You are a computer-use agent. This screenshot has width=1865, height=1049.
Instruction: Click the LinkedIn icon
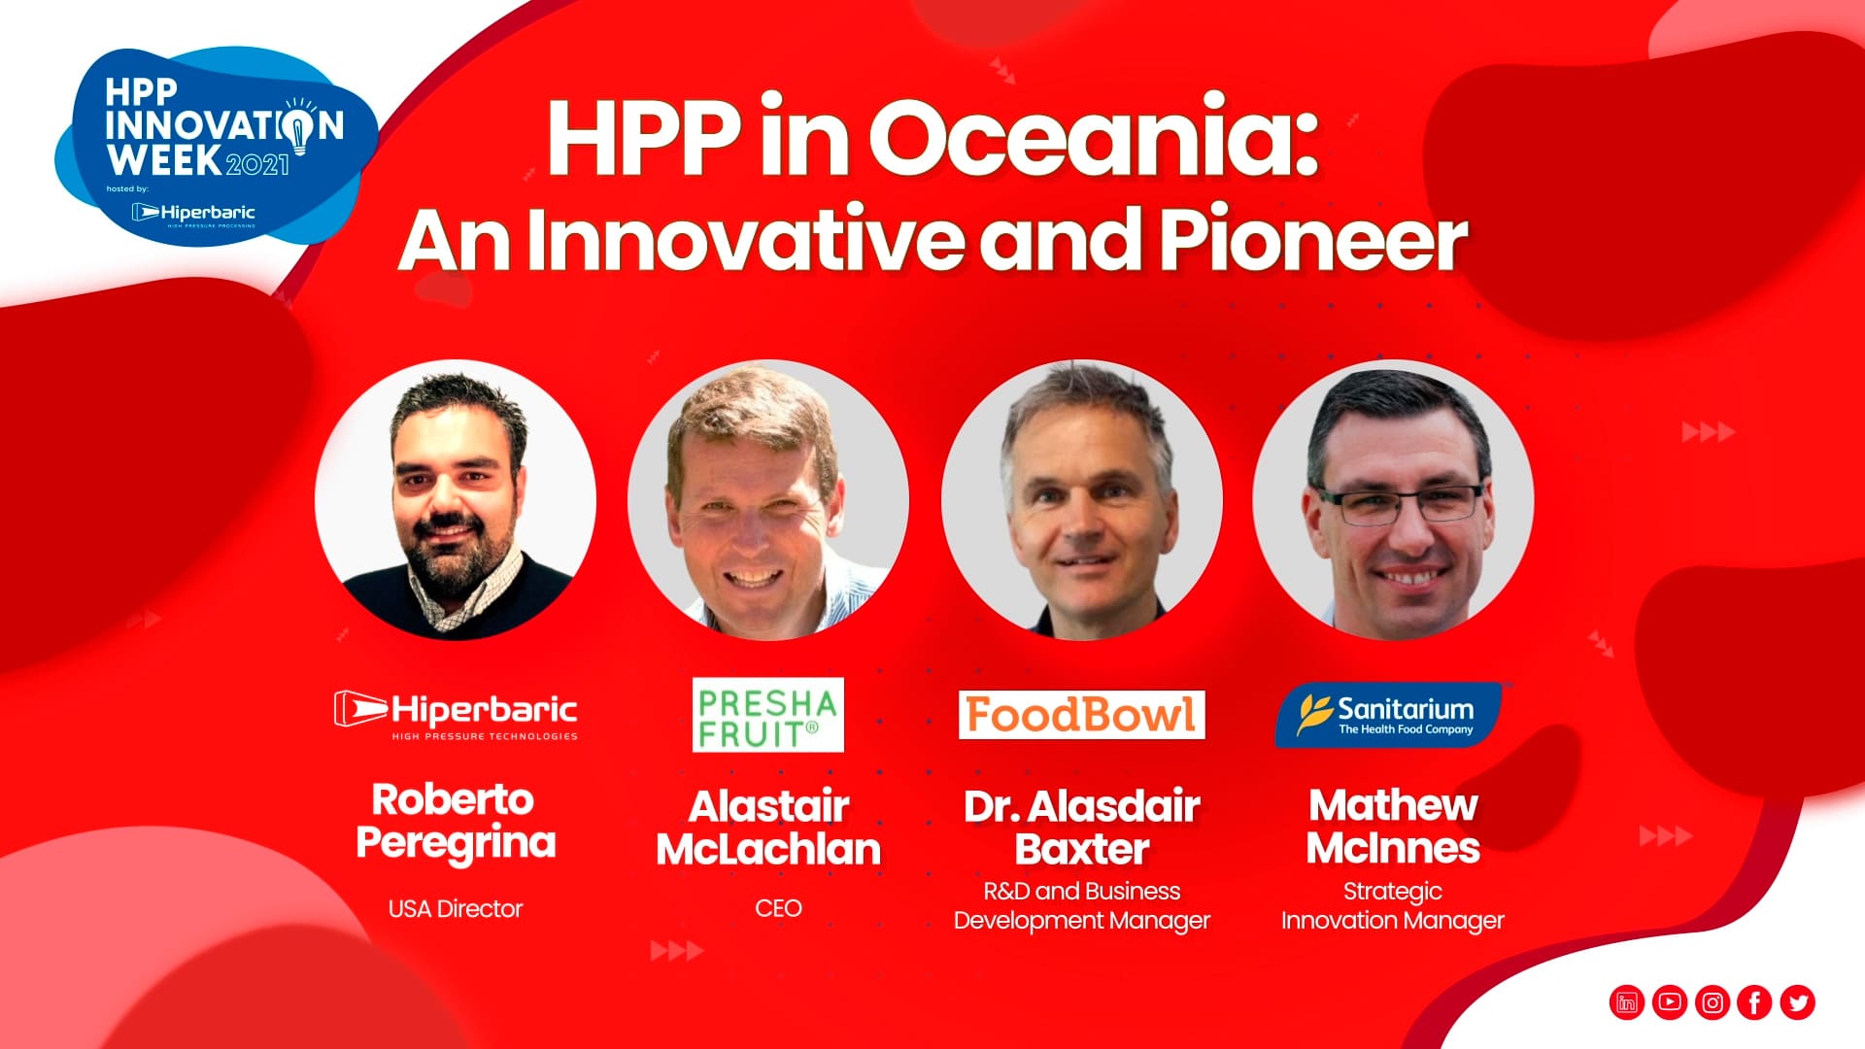pos(1627,1002)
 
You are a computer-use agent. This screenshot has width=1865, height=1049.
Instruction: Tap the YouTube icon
pos(1670,1002)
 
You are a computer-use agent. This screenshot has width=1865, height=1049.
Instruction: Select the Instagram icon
pos(1712,1002)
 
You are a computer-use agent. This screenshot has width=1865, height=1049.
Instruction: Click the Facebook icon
pos(1755,1002)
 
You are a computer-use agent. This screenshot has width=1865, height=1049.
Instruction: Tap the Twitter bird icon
pos(1798,1002)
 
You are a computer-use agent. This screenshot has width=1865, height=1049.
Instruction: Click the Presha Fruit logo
pos(768,715)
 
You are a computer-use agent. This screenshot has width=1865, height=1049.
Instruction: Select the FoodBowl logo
pos(1082,715)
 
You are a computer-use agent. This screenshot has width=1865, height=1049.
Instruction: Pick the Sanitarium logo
pos(1388,715)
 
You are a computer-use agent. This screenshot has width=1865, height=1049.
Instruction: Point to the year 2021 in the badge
pos(257,163)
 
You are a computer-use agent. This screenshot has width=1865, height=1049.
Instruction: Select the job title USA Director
pos(456,909)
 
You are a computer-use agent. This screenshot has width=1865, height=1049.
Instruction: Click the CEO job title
pos(779,908)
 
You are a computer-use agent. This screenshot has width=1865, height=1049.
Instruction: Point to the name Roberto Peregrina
pos(456,822)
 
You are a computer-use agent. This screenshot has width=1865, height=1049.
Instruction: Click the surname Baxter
pos(1082,850)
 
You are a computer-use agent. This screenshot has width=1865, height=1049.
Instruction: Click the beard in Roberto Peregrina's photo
pos(452,563)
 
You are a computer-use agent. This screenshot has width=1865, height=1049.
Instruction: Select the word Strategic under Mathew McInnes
pos(1393,892)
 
